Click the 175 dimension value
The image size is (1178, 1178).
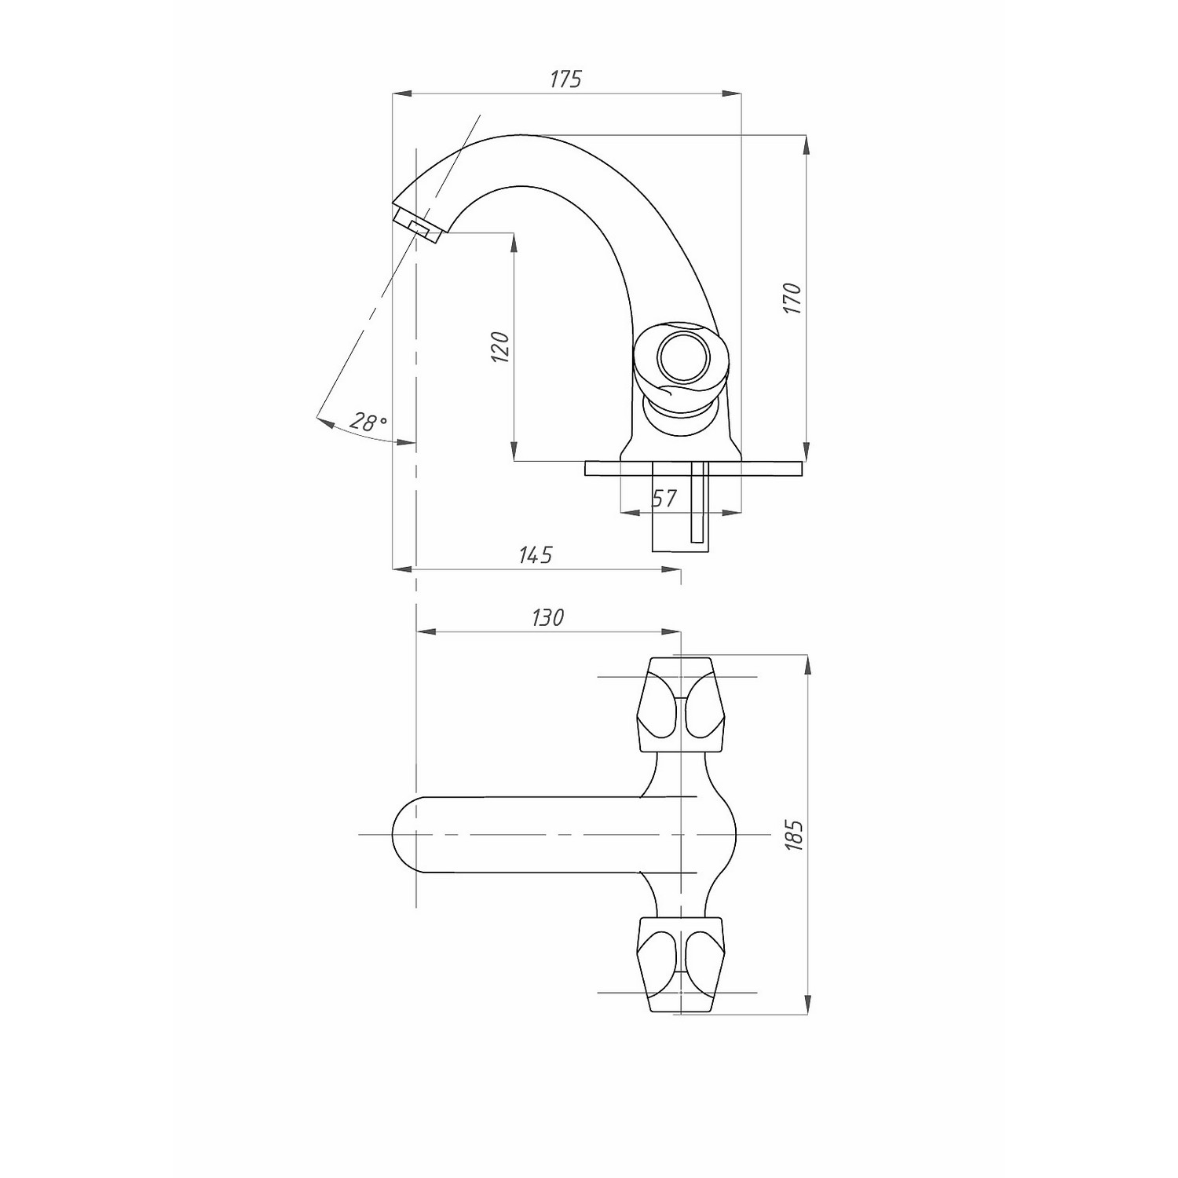tap(565, 79)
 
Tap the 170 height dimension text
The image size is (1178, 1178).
tap(792, 298)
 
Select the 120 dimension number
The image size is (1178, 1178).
tap(500, 347)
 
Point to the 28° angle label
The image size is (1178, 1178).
tap(368, 422)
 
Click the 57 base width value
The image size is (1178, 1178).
tap(664, 499)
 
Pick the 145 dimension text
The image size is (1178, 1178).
tap(536, 554)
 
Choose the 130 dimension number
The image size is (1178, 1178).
tap(547, 618)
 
